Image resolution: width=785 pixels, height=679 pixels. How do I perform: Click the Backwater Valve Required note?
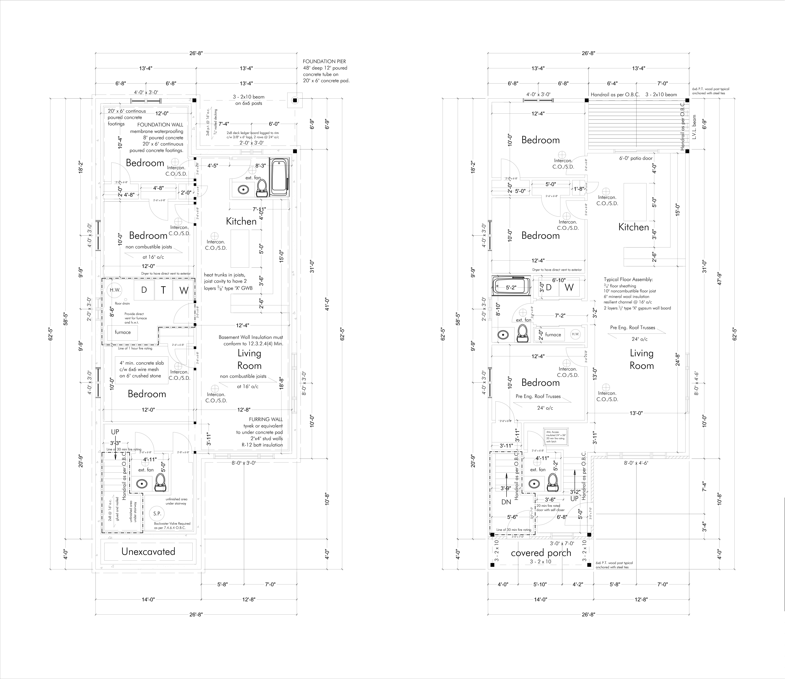172,526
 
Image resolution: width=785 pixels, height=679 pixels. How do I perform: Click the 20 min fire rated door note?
550,508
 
